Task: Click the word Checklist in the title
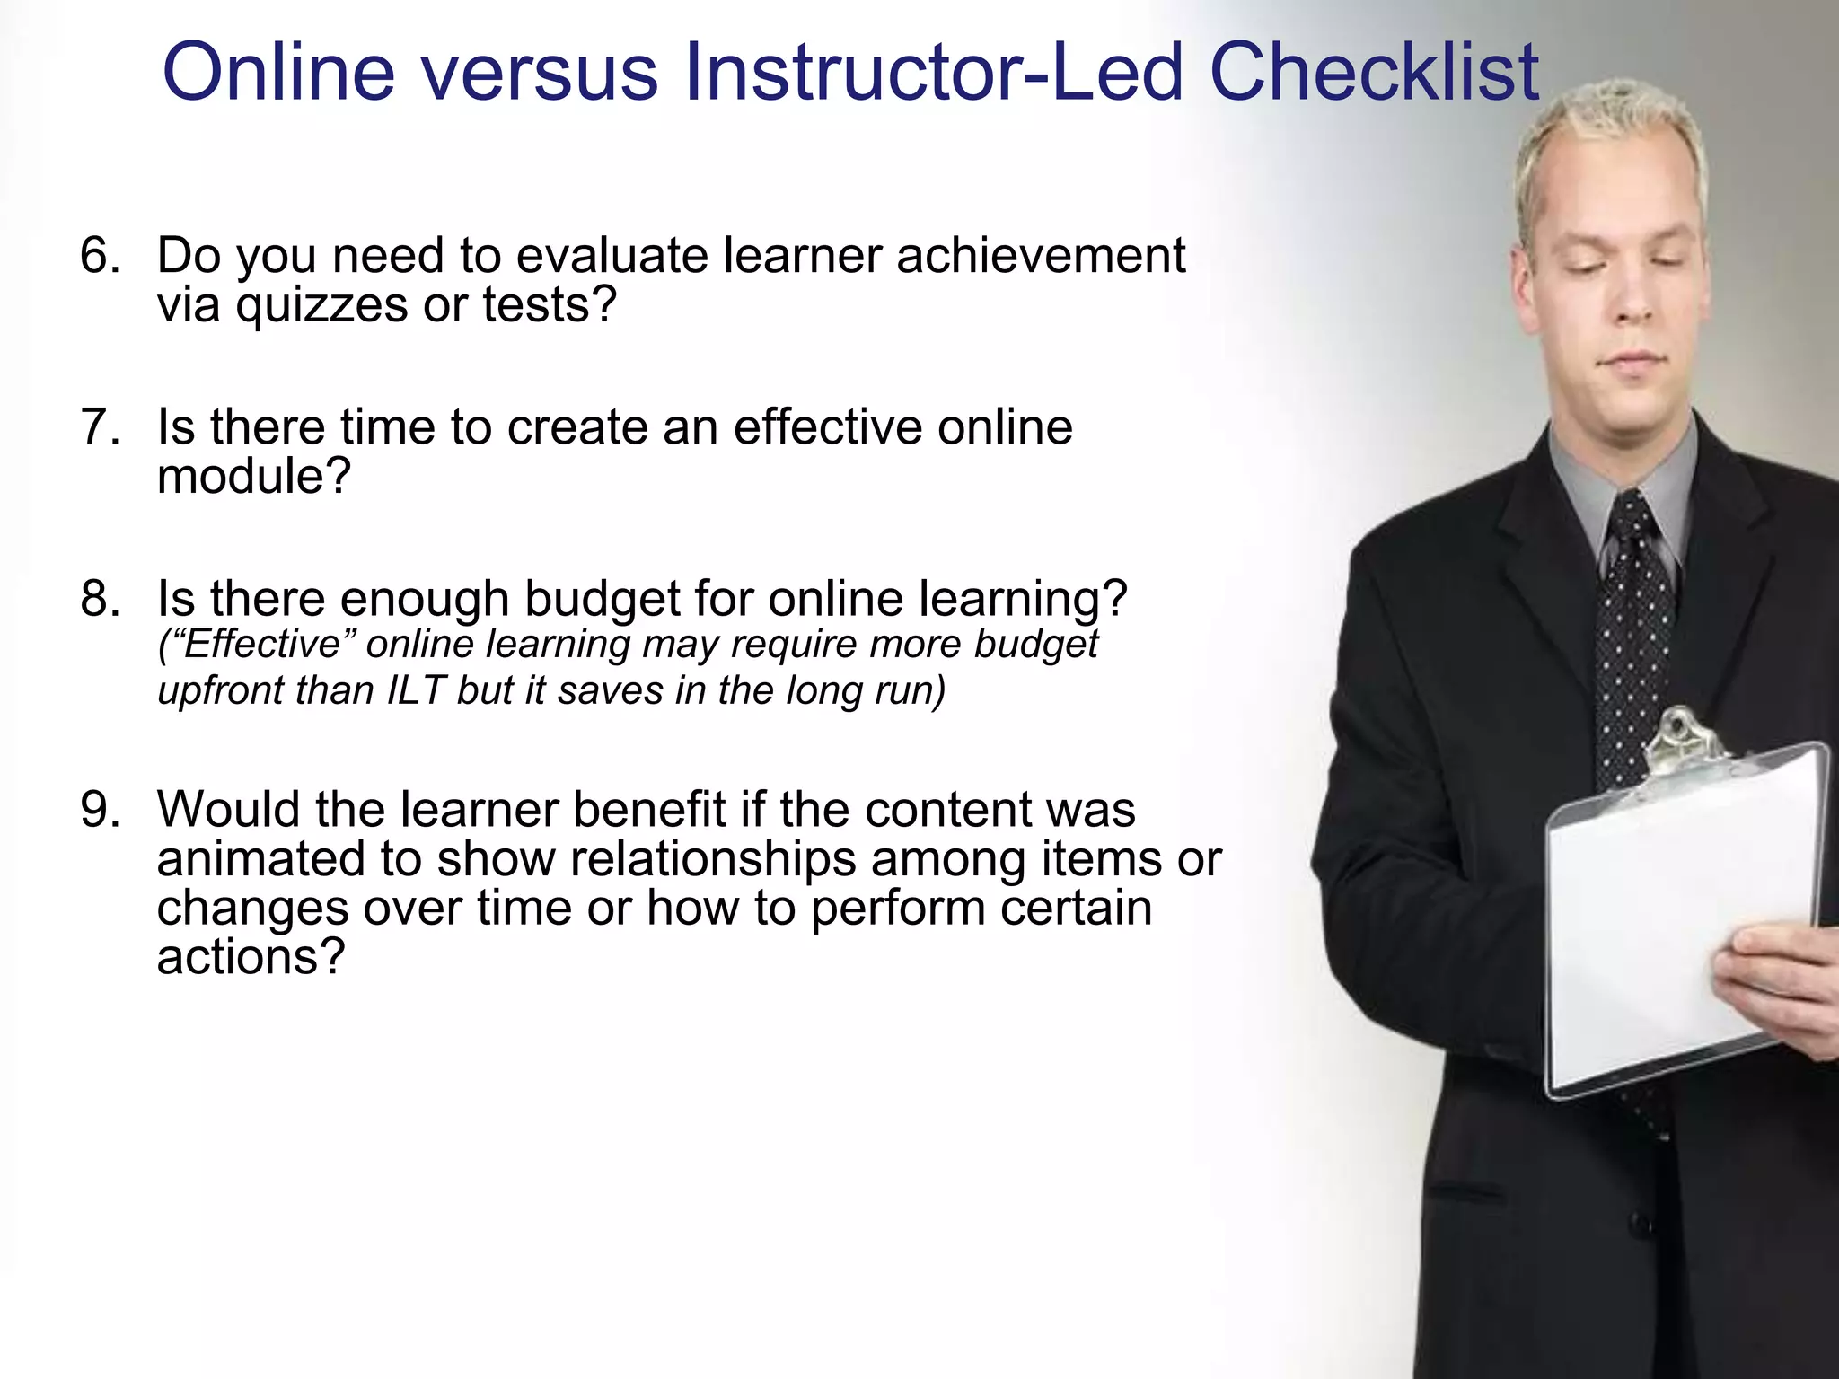pos(1374,72)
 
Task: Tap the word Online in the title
pos(278,72)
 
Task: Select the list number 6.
pos(99,256)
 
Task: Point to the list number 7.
pos(99,426)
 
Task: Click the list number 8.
pos(99,599)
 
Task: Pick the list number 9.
pos(99,810)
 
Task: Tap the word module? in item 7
pos(253,476)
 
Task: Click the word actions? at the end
pos(251,957)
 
